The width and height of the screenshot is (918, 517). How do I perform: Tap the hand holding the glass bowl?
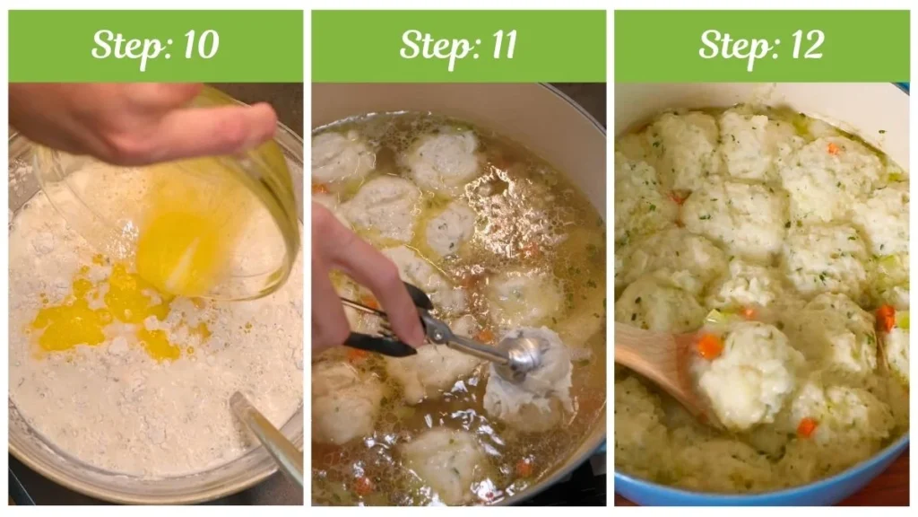(x=134, y=121)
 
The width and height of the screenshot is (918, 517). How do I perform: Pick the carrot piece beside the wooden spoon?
(x=709, y=346)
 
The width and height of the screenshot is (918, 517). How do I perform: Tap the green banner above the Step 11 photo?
(x=458, y=46)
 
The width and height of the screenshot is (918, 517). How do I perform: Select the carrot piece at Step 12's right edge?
(x=885, y=317)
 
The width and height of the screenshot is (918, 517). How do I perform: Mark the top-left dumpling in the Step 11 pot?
(x=341, y=157)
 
